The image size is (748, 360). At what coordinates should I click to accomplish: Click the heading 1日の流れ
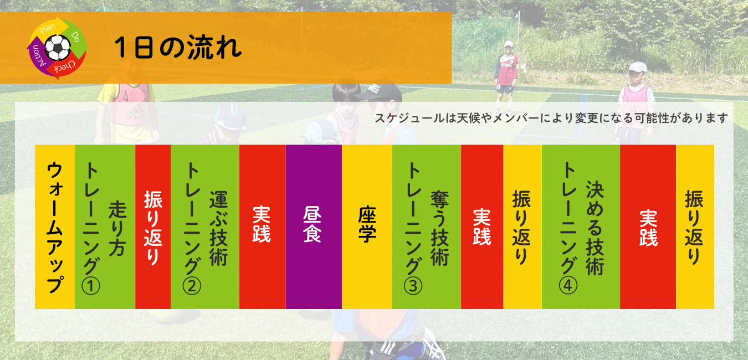(x=178, y=48)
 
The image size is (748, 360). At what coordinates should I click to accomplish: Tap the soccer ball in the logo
(x=58, y=48)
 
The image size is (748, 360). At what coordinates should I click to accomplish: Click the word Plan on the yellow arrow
(x=47, y=29)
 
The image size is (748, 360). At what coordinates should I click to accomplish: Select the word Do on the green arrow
(x=75, y=37)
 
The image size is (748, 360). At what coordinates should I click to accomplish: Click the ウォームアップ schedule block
(x=55, y=227)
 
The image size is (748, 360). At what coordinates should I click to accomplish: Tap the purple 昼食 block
(x=314, y=227)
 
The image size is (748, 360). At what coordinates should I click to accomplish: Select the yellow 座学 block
(x=367, y=227)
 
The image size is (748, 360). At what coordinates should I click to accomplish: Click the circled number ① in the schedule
(x=91, y=286)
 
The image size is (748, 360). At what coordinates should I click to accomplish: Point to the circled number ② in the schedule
(x=192, y=286)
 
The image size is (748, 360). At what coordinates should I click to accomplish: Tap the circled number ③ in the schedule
(x=413, y=286)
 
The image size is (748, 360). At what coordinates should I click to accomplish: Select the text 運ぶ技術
(x=219, y=229)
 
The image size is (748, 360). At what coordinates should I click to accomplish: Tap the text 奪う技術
(x=440, y=229)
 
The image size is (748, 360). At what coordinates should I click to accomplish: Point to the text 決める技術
(x=595, y=229)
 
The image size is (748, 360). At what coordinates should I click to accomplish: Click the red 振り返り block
(x=153, y=227)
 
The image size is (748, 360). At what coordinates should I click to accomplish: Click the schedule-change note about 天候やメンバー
(x=551, y=118)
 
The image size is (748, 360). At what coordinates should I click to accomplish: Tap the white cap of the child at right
(x=638, y=67)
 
